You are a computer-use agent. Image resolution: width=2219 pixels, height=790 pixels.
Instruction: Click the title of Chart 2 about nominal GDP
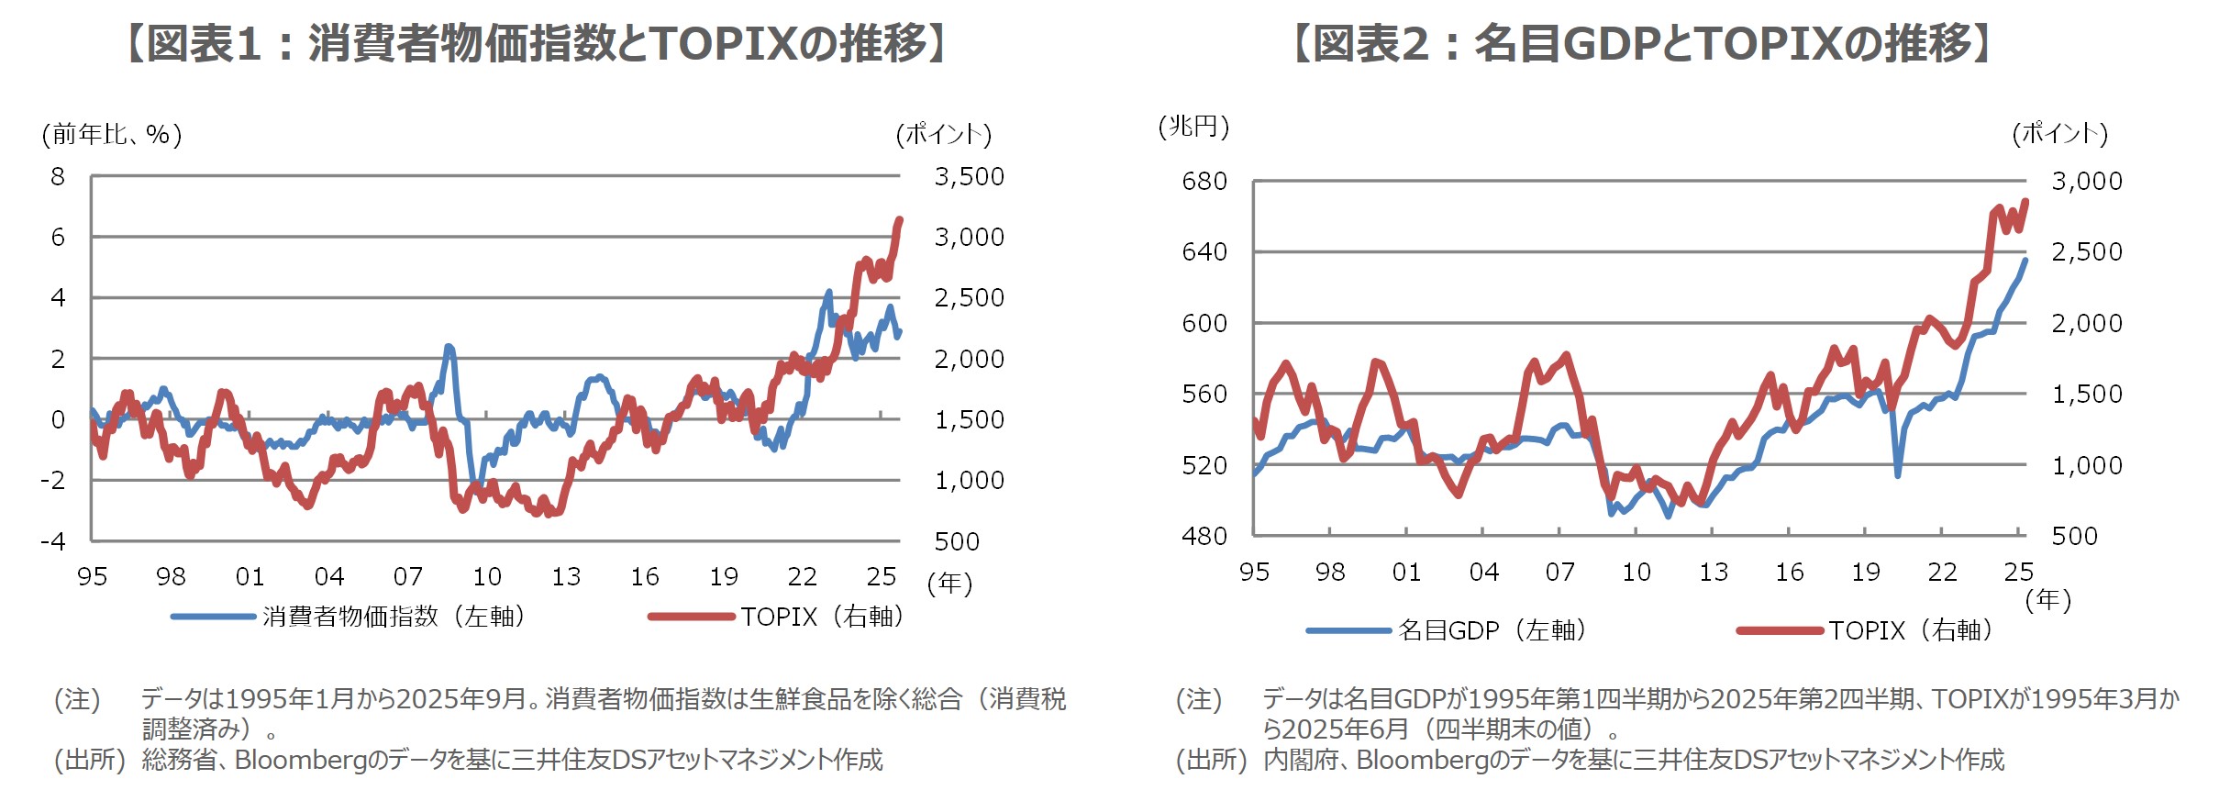tap(1641, 43)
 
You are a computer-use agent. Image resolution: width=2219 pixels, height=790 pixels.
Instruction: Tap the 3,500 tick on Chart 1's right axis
tap(969, 176)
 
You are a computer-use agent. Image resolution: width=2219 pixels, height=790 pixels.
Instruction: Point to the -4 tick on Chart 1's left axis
tap(53, 540)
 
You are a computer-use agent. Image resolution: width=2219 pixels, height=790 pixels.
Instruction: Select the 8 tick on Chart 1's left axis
tap(58, 176)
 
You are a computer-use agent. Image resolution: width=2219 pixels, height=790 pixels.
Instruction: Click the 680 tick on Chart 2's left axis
tap(1204, 181)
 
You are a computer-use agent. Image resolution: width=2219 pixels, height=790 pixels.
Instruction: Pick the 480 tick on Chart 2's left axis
tap(1204, 536)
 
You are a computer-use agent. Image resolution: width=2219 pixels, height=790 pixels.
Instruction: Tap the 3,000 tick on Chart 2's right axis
tap(2086, 181)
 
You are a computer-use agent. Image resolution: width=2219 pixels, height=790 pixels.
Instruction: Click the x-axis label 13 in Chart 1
tap(566, 576)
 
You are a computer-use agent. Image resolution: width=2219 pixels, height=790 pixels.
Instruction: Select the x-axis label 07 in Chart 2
tap(1559, 573)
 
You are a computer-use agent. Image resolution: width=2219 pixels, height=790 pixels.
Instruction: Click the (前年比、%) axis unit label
tap(112, 135)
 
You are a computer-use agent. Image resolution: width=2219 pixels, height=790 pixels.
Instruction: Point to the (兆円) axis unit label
tap(1193, 127)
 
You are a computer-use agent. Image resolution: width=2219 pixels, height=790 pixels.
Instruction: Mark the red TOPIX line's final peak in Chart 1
tap(900, 219)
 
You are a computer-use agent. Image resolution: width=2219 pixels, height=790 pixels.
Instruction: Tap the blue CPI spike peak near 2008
tap(449, 347)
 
